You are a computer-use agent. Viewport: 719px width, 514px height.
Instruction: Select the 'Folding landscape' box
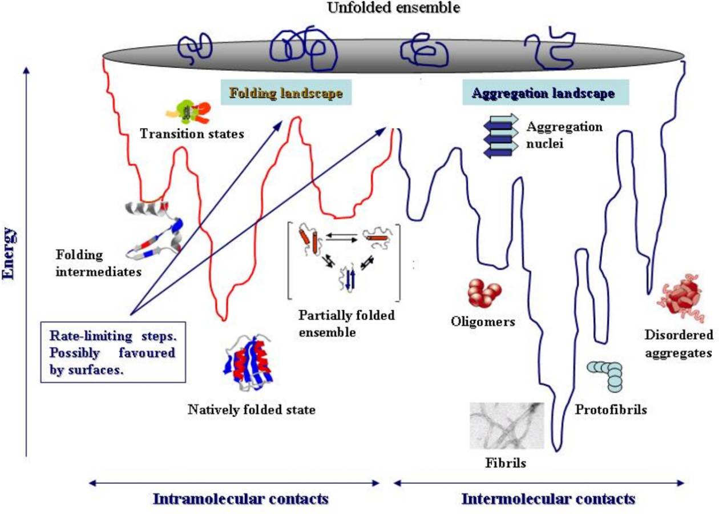(286, 93)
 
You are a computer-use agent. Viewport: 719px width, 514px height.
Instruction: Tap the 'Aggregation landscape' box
(545, 93)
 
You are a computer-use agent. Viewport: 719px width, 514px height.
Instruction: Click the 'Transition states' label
(192, 135)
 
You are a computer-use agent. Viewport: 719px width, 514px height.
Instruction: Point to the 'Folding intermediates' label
(99, 263)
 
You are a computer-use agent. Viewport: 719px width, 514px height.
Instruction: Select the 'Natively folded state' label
(252, 409)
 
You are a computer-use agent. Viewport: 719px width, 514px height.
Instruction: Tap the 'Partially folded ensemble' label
(346, 323)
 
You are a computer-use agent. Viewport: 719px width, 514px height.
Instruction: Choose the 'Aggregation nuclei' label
(564, 135)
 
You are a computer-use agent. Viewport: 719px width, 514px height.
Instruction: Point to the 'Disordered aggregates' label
(678, 344)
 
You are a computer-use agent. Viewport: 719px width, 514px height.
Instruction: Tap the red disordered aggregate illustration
(682, 300)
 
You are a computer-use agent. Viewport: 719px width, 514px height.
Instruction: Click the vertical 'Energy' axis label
(10, 254)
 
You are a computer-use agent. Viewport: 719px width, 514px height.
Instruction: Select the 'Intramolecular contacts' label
(240, 498)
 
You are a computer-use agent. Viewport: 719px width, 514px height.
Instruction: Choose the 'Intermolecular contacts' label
(548, 498)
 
